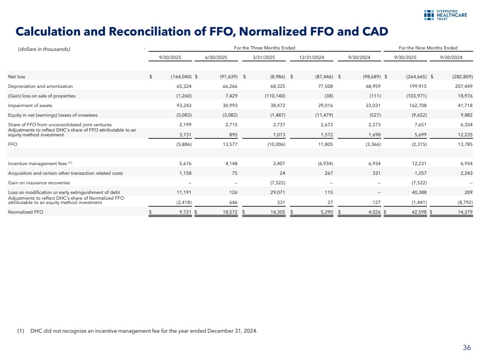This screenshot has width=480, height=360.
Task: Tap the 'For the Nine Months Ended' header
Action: pyautogui.click(x=428, y=48)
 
